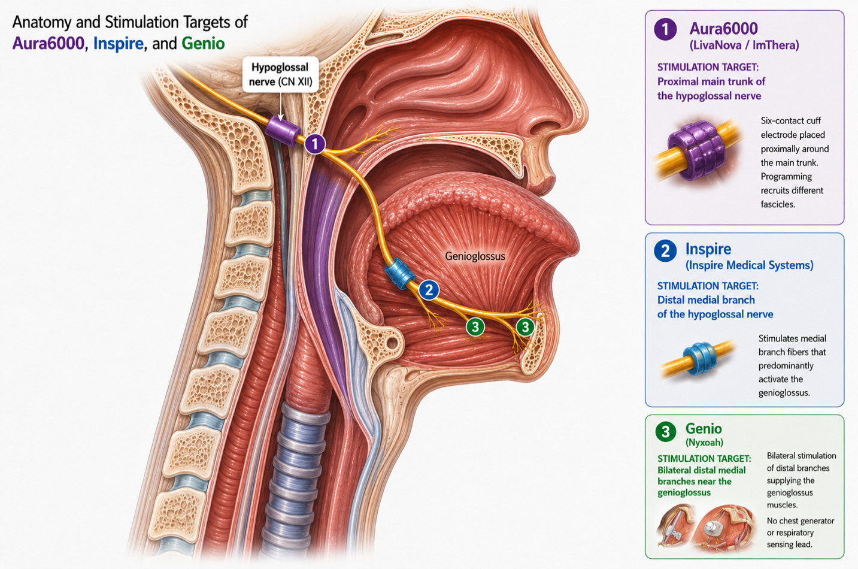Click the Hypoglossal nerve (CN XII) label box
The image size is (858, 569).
click(280, 74)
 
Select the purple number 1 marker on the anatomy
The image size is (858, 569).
click(315, 144)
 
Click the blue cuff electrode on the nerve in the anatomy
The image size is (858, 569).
click(399, 273)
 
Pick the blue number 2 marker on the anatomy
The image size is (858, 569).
click(429, 290)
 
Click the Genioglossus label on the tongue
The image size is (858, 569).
click(475, 256)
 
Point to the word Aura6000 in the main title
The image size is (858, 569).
click(48, 43)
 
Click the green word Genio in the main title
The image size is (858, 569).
click(203, 43)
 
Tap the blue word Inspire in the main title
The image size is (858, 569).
click(119, 44)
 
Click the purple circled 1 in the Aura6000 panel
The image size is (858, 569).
click(665, 29)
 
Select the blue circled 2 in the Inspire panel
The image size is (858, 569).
click(665, 250)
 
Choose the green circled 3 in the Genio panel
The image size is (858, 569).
click(666, 431)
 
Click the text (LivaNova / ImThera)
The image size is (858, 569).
click(744, 45)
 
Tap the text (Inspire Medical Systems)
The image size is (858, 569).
click(749, 265)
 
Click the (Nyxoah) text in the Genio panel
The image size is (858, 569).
click(704, 443)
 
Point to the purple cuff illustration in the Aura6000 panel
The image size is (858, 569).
click(696, 150)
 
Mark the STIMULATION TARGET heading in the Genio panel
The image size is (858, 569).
click(704, 459)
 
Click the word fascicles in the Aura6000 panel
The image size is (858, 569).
click(778, 204)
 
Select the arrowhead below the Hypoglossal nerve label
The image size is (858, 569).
click(280, 117)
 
